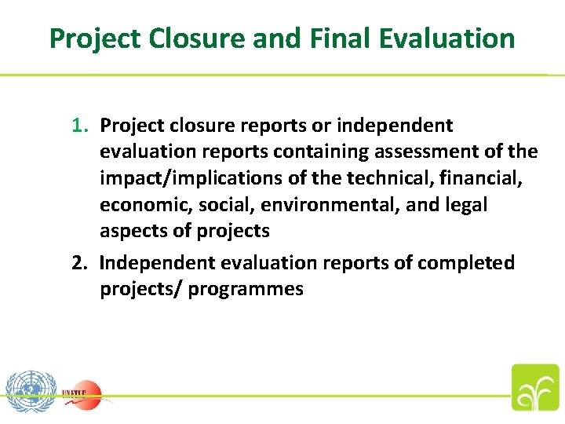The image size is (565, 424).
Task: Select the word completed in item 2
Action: (465, 262)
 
